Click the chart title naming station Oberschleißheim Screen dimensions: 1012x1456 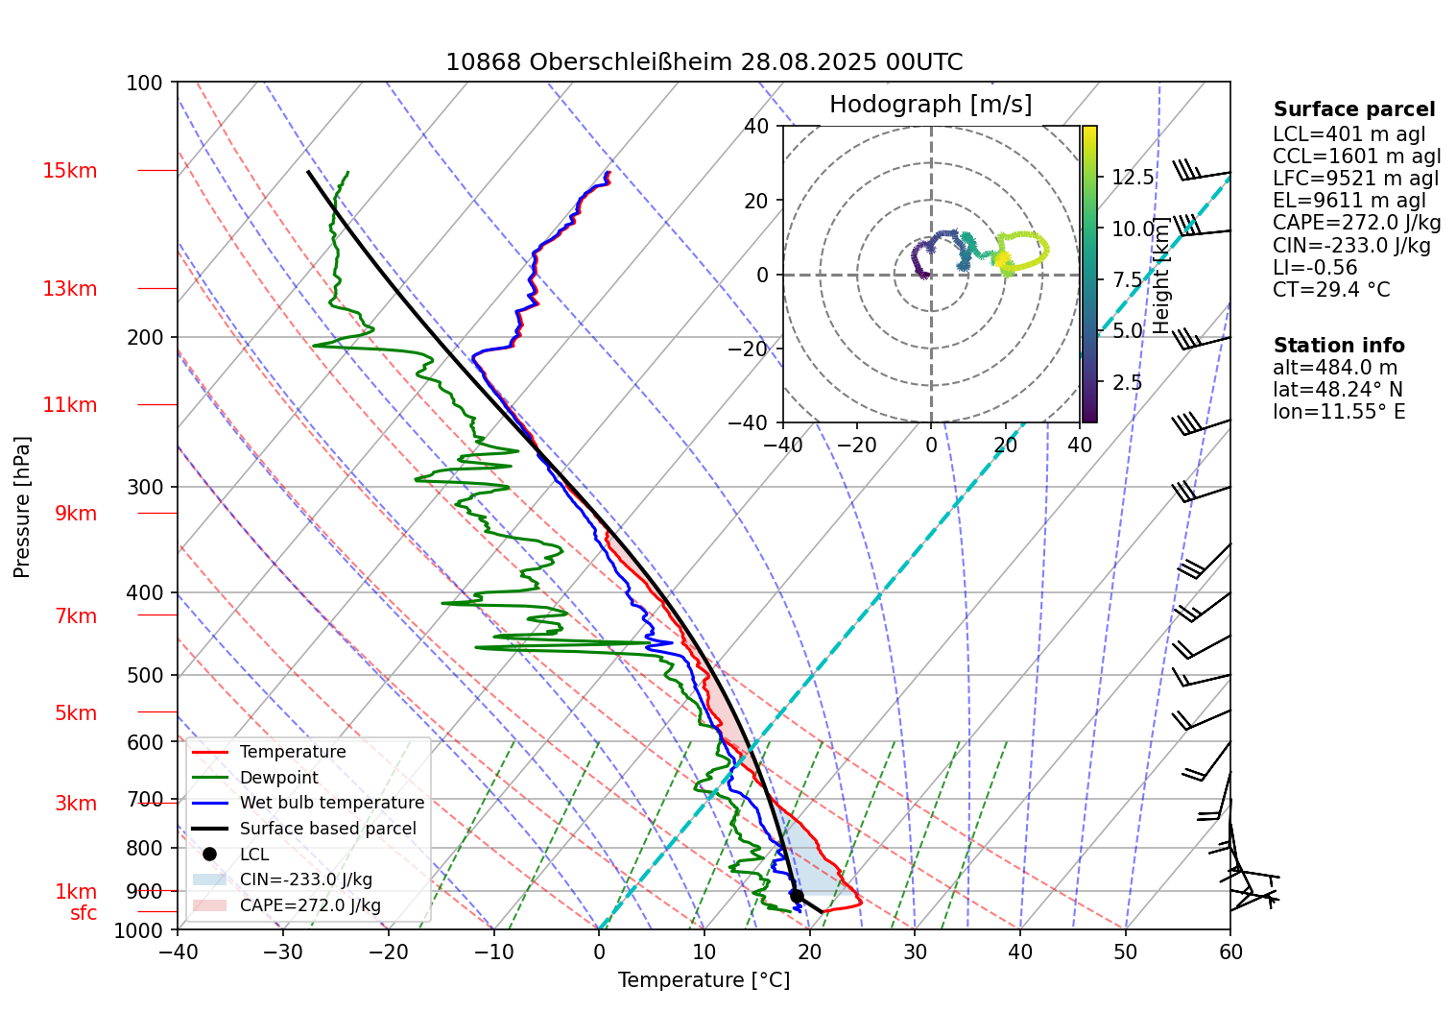(704, 62)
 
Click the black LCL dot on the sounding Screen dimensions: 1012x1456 (796, 896)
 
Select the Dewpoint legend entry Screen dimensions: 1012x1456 (278, 778)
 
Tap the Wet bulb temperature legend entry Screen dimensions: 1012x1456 (331, 803)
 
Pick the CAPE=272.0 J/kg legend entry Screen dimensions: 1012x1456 (310, 905)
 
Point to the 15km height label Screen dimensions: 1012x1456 (69, 171)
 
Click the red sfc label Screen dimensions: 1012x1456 (84, 913)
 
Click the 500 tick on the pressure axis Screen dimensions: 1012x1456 (145, 675)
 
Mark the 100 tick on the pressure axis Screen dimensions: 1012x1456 (145, 83)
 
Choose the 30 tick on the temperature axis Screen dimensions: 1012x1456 (915, 952)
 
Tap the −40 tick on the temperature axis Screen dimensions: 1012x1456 (178, 952)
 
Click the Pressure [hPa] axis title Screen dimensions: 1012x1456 (22, 506)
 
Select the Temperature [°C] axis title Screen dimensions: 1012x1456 (704, 980)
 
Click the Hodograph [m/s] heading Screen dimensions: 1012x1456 (930, 104)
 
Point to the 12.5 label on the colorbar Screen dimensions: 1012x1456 (1133, 177)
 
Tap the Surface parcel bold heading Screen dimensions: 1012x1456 (1354, 109)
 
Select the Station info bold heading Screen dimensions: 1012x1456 (1339, 346)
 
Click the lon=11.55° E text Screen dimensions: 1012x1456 (1339, 412)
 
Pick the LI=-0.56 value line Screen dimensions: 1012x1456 (1315, 268)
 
